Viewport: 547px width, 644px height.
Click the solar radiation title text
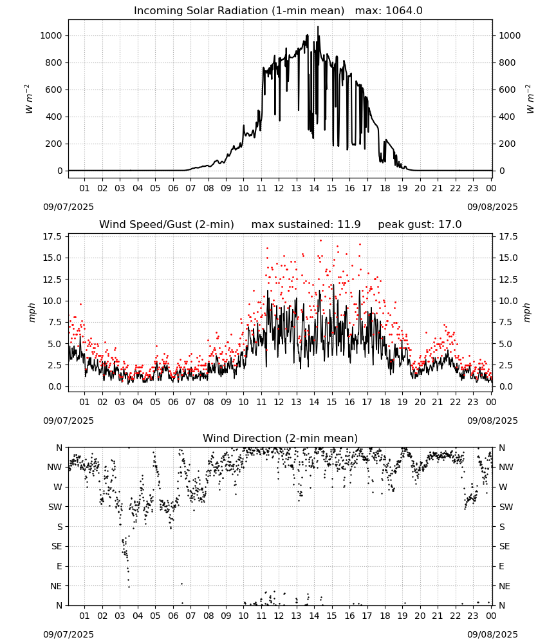239,11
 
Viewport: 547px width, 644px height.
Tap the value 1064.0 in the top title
404,11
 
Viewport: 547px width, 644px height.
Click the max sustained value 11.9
349,225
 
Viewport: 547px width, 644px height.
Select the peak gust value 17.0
450,225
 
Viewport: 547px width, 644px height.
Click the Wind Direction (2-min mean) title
281,438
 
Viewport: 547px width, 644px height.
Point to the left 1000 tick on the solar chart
51,35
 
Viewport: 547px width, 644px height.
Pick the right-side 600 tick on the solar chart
507,90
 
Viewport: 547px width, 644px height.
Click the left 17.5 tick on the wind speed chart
51,236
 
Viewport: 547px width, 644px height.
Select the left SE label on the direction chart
57,546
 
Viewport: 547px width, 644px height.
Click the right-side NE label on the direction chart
505,586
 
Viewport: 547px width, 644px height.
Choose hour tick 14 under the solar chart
314,189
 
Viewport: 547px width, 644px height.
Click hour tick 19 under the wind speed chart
402,402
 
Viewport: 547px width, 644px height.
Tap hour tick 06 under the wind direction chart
172,616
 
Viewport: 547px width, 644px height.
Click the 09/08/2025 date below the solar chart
492,207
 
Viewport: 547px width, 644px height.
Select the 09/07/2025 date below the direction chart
68,634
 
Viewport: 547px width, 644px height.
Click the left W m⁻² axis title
28,99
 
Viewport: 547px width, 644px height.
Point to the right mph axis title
527,312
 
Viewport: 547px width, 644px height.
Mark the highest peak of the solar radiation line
318,26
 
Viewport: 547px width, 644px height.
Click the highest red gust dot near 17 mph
320,241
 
